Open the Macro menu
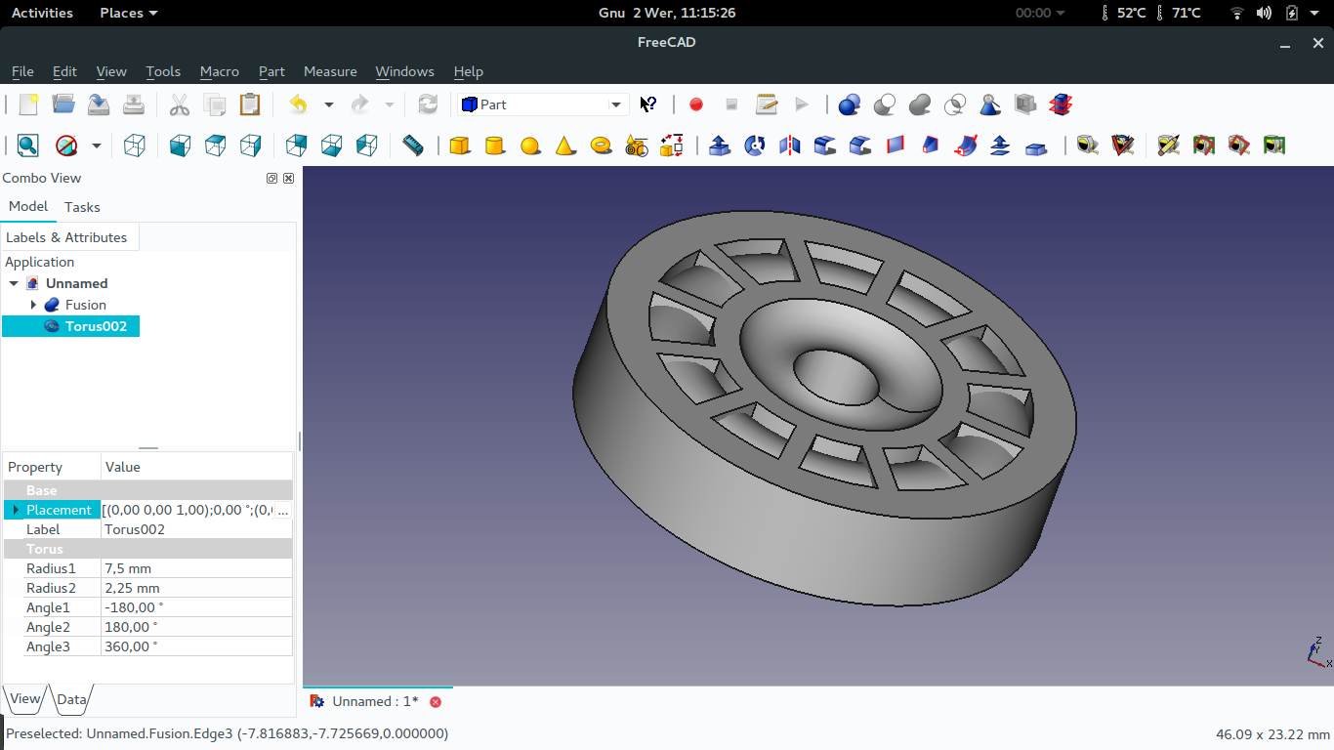[x=219, y=71]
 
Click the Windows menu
[x=404, y=71]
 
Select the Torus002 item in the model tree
[x=96, y=326]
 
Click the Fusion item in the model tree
[x=85, y=305]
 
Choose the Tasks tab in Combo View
[x=82, y=207]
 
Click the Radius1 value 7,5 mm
[x=128, y=568]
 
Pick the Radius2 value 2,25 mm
[x=132, y=588]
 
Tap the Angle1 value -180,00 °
[x=131, y=607]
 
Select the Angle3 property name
[x=48, y=646]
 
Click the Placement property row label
[x=59, y=510]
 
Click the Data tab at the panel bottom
[x=72, y=699]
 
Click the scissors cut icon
[x=180, y=104]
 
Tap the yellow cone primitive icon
[x=565, y=146]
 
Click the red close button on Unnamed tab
[x=436, y=701]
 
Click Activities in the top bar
[x=42, y=13]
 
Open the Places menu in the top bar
[x=128, y=13]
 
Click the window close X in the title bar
[x=1317, y=43]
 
